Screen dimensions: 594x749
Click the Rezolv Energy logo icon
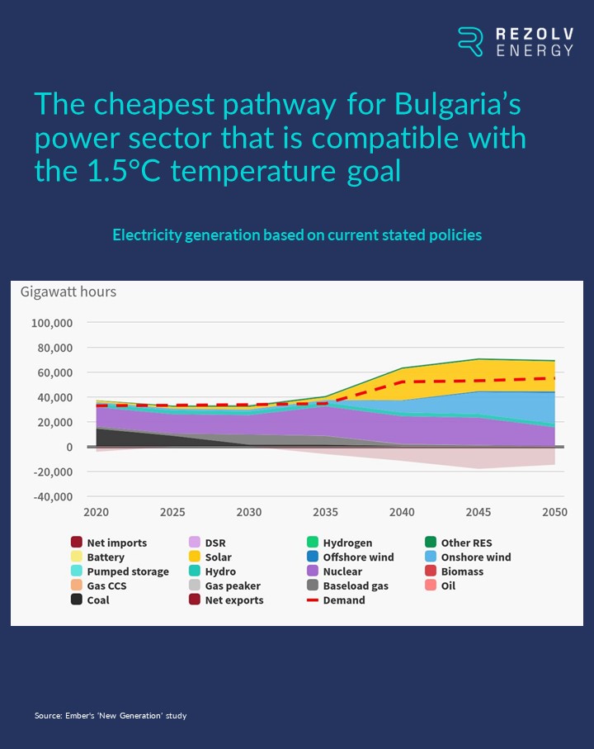[470, 41]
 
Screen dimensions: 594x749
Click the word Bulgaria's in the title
[458, 104]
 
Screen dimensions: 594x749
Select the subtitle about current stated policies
[297, 235]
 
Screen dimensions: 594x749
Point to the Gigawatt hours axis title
[68, 292]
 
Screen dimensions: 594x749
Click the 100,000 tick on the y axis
[52, 323]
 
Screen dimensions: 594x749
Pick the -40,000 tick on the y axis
[53, 497]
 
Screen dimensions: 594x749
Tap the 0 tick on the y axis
[69, 447]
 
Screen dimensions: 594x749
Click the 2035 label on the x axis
[325, 512]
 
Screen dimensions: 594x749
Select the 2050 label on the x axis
[554, 512]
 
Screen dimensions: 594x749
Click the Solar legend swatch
[195, 557]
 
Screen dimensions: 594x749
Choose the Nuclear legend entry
[334, 571]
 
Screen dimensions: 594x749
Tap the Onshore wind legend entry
[468, 557]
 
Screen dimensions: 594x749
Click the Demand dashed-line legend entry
[336, 600]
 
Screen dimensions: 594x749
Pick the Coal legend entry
[90, 600]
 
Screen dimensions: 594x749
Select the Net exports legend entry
[226, 600]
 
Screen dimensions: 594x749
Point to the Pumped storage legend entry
[120, 571]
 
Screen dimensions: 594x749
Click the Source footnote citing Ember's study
[111, 716]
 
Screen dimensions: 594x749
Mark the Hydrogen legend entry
[340, 543]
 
